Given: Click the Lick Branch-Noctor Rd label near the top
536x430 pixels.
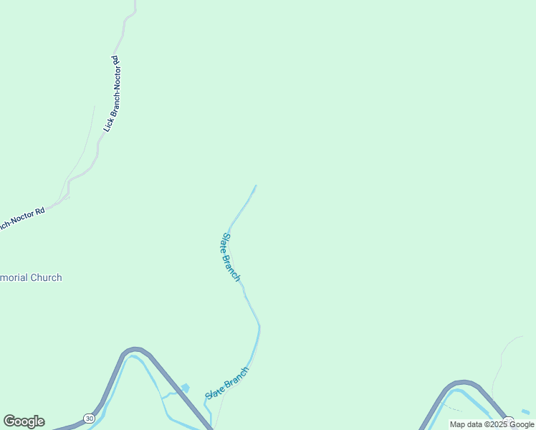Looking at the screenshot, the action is (x=111, y=94).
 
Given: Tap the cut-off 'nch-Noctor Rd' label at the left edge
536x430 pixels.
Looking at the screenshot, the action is (x=22, y=217).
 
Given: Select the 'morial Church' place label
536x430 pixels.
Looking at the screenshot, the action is (x=31, y=277).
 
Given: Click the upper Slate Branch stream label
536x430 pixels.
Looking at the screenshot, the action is (x=230, y=257).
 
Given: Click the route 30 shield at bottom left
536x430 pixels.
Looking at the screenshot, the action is (x=89, y=418).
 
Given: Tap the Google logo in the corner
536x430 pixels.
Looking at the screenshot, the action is (x=24, y=421).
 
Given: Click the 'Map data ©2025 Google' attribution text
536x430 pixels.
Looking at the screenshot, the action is (x=492, y=424).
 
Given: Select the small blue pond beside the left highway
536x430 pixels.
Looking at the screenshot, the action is (x=186, y=388).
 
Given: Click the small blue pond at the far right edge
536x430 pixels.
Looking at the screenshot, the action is (x=526, y=411).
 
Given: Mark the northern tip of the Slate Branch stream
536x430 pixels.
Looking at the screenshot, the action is (x=255, y=186).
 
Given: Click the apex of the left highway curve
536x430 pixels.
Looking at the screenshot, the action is (x=134, y=350).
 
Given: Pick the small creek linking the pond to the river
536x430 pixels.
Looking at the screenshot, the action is (x=171, y=393).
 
